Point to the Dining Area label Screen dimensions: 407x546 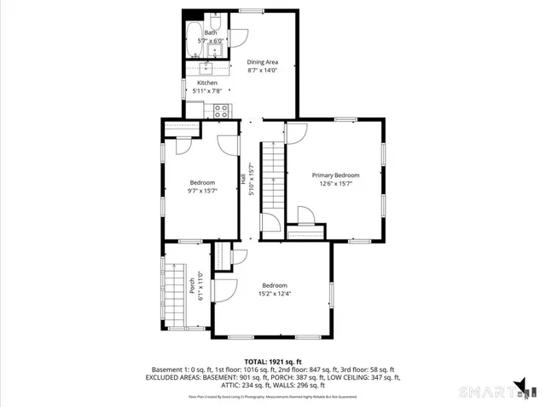[263, 62]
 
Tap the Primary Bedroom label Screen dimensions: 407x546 [335, 175]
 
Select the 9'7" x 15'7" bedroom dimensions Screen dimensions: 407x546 [203, 191]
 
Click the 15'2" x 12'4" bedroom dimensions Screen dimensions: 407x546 [275, 294]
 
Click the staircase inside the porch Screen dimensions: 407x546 [174, 294]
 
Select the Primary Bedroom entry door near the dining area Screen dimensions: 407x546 [296, 132]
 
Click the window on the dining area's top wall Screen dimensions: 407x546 [250, 10]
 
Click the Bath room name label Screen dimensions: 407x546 [210, 32]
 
